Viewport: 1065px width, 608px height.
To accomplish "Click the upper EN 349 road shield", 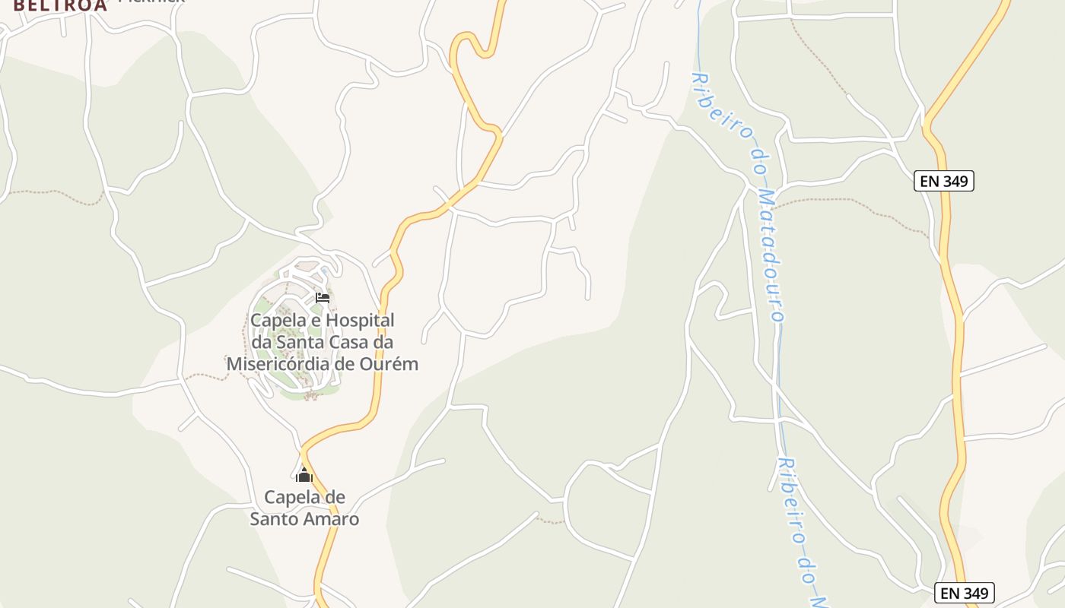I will click(944, 181).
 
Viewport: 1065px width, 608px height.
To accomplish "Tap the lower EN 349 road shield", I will click(965, 593).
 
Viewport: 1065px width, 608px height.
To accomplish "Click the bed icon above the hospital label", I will click(323, 297).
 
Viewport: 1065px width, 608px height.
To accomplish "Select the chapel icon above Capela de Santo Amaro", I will click(304, 475).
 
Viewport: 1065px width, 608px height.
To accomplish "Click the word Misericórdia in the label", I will click(278, 363).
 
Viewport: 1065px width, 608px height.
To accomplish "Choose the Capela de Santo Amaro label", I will click(304, 508).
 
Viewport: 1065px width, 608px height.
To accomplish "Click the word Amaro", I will click(331, 519).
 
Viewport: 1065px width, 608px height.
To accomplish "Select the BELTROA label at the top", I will click(60, 5).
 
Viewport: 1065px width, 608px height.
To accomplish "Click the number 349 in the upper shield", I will click(955, 181).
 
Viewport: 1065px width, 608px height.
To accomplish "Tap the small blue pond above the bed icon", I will click(326, 271).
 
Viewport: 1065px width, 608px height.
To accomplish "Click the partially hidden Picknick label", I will click(152, 2).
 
